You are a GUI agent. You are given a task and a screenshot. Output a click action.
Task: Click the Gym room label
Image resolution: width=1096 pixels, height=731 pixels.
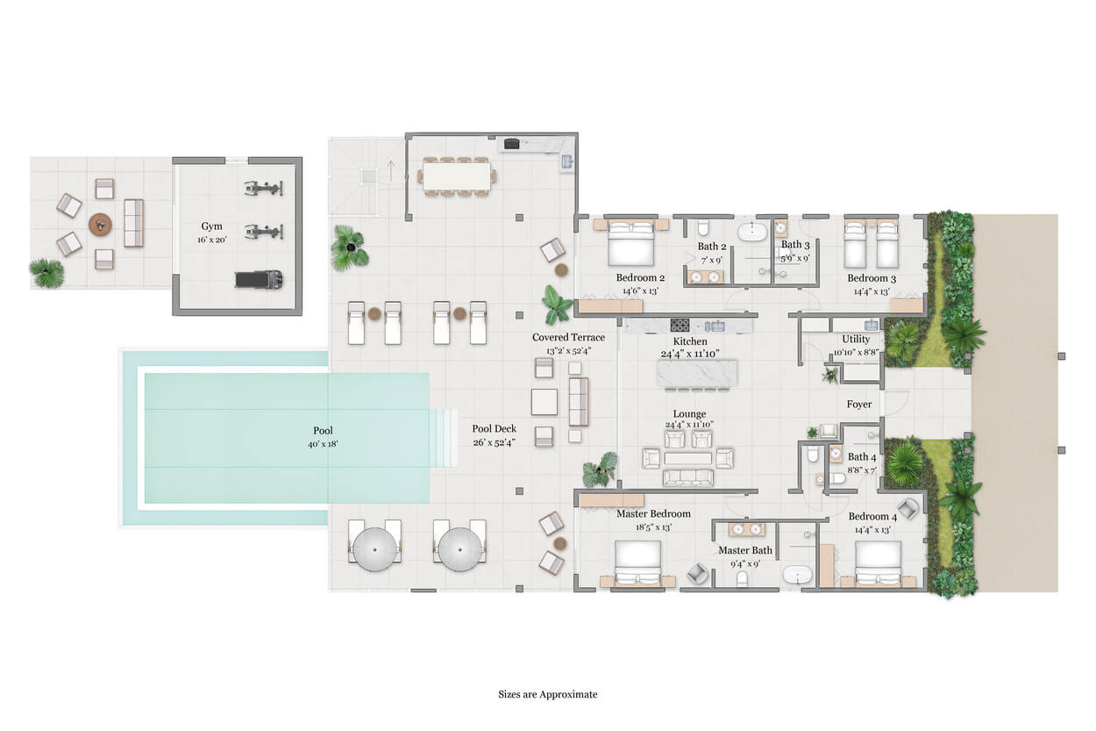[211, 226]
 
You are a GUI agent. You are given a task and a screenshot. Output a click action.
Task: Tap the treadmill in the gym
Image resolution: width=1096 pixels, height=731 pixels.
[259, 279]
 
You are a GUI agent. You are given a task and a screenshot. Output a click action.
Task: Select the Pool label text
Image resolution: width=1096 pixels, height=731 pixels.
[323, 430]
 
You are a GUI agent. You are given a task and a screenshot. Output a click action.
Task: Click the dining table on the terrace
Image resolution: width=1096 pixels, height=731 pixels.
[457, 176]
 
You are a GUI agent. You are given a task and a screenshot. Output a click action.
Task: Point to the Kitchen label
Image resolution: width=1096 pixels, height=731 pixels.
[690, 341]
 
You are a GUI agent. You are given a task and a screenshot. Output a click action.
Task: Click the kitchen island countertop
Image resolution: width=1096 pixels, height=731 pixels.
[697, 373]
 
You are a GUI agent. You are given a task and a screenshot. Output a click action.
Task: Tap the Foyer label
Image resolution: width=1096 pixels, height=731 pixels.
[859, 404]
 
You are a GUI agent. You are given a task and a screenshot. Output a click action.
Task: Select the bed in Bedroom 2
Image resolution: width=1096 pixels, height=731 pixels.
[630, 242]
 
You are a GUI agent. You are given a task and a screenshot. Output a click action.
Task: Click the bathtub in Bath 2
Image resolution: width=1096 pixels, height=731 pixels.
[753, 232]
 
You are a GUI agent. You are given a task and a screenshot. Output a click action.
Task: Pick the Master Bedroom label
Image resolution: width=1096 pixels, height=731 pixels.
[653, 513]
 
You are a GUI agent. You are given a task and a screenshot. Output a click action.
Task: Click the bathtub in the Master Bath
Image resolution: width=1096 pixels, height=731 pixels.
[798, 574]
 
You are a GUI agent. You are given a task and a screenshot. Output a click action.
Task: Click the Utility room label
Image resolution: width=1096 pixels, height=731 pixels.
[856, 339]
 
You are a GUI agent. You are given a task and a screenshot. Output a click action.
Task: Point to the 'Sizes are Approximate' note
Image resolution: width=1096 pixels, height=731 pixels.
[547, 694]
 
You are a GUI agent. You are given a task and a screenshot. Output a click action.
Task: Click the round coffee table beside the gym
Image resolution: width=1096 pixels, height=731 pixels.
[100, 226]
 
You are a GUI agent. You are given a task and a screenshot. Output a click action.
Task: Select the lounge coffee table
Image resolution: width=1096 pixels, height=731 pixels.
[687, 458]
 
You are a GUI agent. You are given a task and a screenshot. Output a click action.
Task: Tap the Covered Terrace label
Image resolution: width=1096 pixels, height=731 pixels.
[568, 337]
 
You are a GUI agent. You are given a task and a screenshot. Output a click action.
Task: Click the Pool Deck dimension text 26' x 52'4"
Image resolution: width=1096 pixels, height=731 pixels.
[495, 442]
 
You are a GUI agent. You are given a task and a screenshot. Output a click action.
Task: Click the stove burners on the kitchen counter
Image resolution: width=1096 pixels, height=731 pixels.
[680, 325]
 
